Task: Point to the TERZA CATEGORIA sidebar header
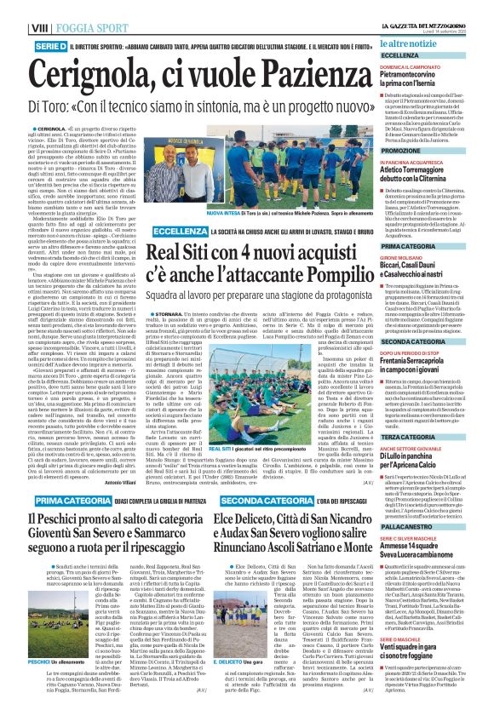point(426,436)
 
